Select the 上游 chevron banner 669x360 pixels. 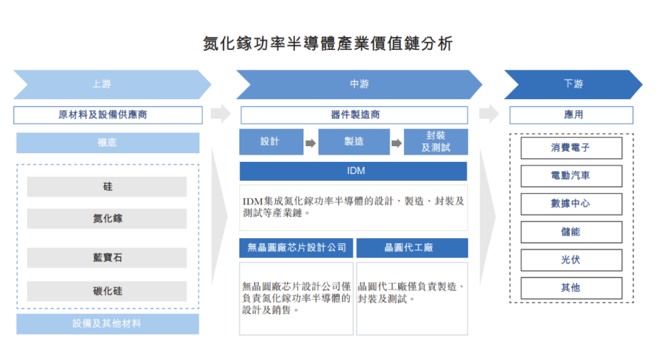coord(107,84)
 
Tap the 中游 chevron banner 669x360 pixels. coord(356,84)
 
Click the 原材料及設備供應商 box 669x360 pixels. coord(108,114)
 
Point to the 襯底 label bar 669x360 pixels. coord(108,143)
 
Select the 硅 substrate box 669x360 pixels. coord(107,187)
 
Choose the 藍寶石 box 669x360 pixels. coord(107,257)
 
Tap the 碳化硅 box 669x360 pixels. coord(107,291)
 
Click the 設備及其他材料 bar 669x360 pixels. coord(108,324)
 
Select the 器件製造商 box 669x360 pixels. coord(354,114)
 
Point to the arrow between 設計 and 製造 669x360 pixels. coord(311,143)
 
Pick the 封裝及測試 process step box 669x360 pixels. coord(435,142)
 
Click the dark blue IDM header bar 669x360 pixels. coord(354,171)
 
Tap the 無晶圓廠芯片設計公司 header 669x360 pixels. coord(296,247)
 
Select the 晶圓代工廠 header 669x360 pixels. coord(412,247)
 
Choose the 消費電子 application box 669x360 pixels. coord(571,148)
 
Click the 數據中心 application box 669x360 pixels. coord(571,204)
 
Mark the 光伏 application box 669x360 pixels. coord(571,259)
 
